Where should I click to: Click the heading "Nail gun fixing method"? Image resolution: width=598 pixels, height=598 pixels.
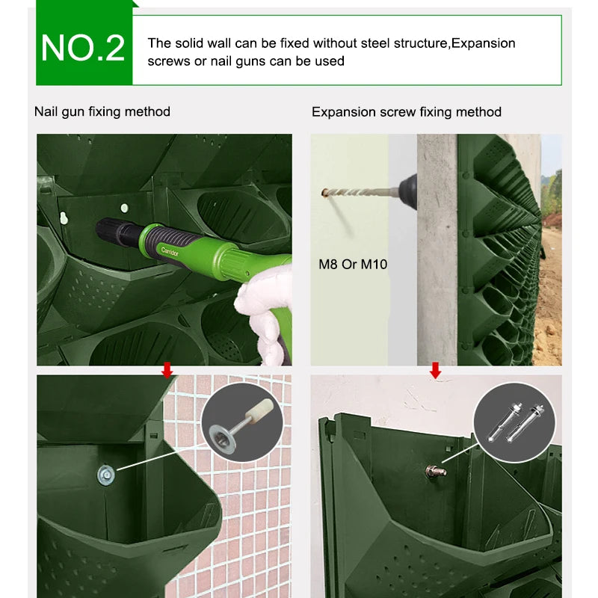(x=102, y=111)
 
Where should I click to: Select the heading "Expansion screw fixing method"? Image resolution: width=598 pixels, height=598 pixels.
(x=406, y=111)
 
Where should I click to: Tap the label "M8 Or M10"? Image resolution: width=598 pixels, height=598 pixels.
(x=353, y=264)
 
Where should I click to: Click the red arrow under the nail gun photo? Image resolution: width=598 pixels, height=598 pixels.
(x=167, y=370)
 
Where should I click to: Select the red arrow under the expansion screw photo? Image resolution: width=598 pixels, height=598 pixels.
(x=435, y=370)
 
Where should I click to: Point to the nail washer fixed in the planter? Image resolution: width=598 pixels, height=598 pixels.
(x=105, y=472)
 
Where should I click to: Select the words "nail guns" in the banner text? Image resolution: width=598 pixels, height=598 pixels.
(x=242, y=61)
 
